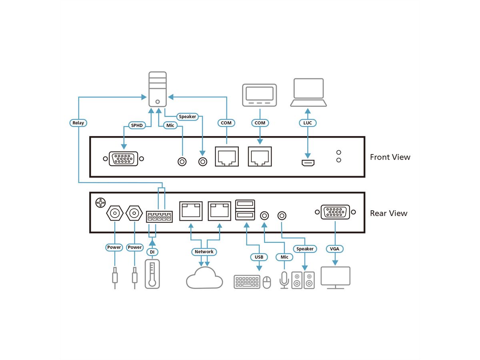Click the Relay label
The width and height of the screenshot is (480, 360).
coord(78,123)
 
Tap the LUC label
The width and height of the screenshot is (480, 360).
coord(307,123)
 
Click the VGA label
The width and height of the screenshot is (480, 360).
coord(334,249)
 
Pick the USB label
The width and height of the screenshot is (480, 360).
coord(259,256)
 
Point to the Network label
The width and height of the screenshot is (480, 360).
coord(204,252)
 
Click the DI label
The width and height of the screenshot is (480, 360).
coord(152,252)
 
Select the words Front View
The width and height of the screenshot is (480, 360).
coord(390,157)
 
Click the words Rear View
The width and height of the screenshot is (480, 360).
coord(388,213)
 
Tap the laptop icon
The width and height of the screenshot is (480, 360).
coord(308,92)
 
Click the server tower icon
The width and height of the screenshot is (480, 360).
coord(158,89)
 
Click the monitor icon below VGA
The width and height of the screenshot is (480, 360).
coord(335,277)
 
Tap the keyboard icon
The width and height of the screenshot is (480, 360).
coord(247,282)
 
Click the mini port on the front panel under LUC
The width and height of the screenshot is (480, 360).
coord(308,163)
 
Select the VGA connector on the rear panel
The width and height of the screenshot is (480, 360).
coord(335,212)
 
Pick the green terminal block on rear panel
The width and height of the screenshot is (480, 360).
coord(159,217)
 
